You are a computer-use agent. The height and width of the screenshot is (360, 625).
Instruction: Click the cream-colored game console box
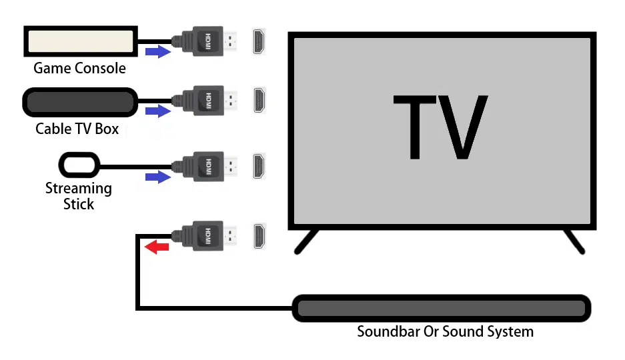point(81,41)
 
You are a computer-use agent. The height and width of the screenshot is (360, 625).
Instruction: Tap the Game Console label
point(80,68)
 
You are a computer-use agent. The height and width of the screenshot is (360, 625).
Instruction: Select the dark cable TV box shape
point(80,103)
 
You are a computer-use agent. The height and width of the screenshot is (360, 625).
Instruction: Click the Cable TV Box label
point(77,129)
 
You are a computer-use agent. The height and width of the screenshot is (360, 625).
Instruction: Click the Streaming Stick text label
point(79,196)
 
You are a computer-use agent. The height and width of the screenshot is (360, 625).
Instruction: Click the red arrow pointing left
point(157,247)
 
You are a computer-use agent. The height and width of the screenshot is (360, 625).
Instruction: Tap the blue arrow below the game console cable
point(158,51)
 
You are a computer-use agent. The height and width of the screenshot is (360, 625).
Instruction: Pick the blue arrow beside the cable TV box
point(158,111)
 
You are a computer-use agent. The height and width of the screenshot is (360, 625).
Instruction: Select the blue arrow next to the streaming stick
point(158,177)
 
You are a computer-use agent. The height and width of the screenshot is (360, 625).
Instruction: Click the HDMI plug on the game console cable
point(204,41)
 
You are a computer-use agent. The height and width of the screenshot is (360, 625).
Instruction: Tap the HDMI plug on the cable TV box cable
point(204,101)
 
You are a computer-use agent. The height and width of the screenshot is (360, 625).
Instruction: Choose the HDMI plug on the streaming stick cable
point(204,167)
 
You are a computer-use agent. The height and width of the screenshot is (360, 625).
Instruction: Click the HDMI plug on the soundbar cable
point(204,236)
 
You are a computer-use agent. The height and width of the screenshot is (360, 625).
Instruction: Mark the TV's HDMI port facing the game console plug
point(259,41)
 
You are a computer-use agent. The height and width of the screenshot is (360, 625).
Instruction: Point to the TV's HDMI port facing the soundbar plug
point(259,236)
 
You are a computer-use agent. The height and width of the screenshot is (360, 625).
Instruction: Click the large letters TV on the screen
point(440,127)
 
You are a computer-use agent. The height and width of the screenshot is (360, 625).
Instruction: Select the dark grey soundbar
point(442,308)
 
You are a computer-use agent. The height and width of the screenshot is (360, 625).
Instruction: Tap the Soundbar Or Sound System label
point(445,331)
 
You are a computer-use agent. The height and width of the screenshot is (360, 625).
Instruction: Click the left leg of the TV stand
point(306,241)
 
